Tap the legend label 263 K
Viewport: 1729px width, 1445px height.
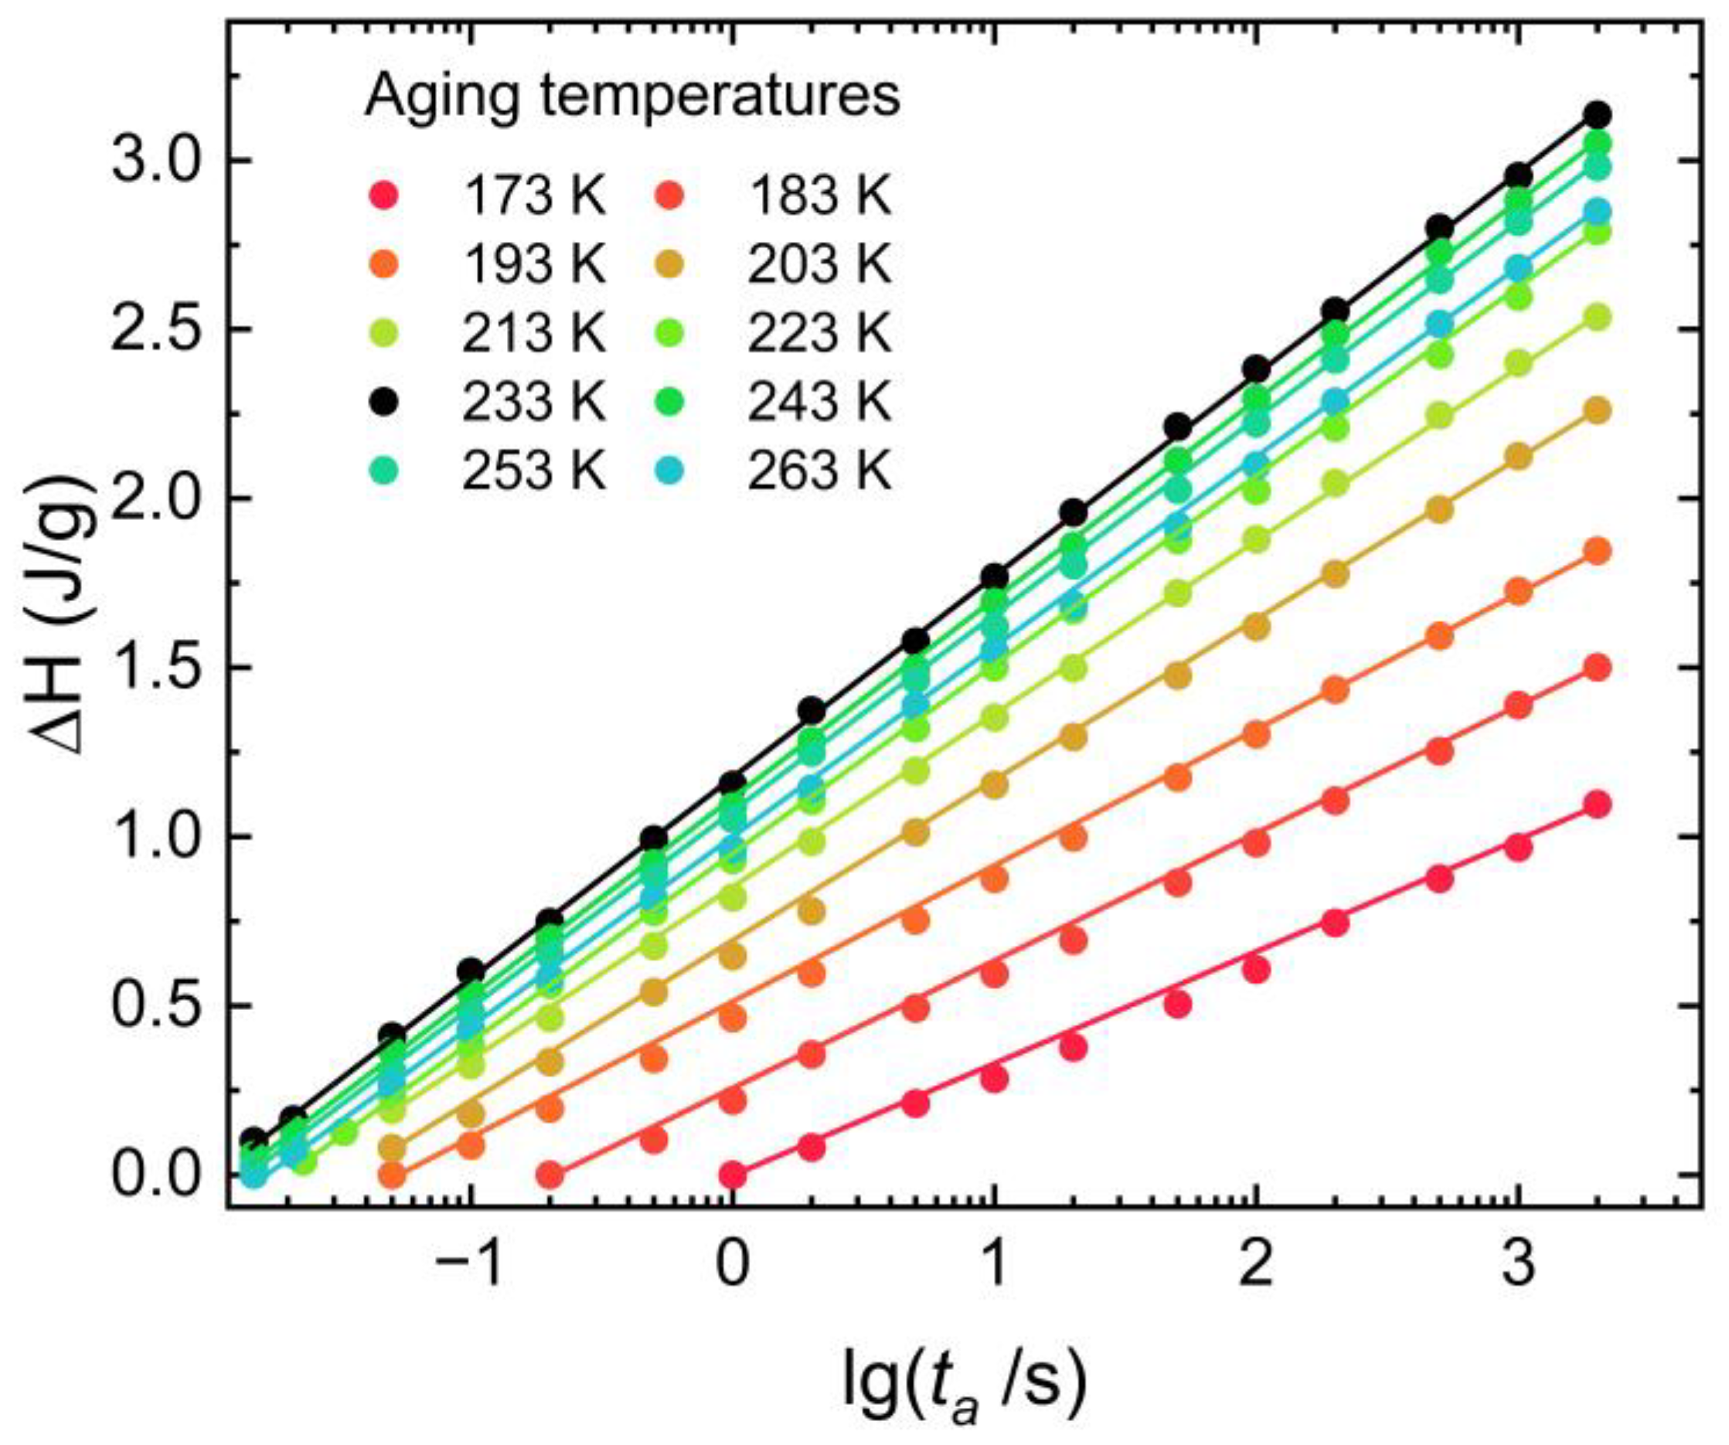[x=819, y=473]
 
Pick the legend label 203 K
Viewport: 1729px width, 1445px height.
[x=819, y=266]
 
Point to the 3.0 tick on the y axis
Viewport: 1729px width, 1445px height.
[x=159, y=161]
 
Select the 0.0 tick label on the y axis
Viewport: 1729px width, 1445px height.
[x=159, y=1176]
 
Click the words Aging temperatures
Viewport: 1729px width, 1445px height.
[x=631, y=98]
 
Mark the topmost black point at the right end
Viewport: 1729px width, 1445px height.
[x=1598, y=114]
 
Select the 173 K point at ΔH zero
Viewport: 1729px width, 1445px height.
[x=732, y=1175]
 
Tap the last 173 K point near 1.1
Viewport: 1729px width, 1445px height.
[x=1598, y=804]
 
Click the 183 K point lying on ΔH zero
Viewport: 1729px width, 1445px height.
[x=551, y=1175]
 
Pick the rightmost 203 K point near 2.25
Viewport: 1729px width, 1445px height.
[x=1598, y=411]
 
